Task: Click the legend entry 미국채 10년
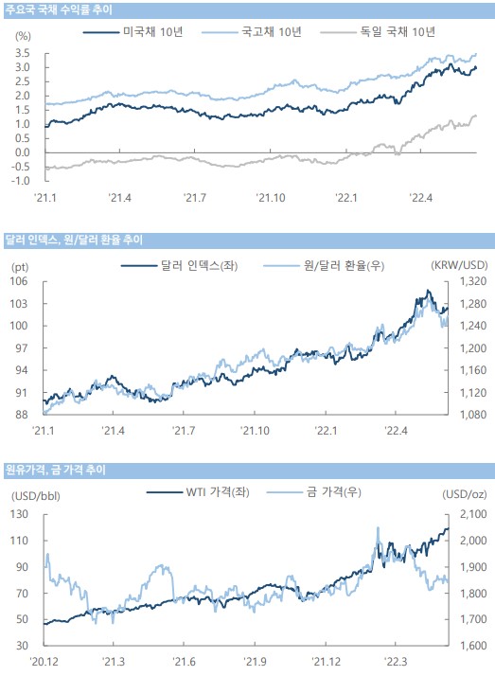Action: (133, 31)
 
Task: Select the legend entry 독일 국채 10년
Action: (378, 31)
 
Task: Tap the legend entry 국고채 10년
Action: (251, 31)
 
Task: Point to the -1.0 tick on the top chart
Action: (20, 181)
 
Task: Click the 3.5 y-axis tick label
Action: (23, 53)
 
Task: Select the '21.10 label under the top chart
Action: (271, 198)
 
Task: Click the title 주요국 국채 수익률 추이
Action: (59, 9)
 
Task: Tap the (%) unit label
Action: (23, 36)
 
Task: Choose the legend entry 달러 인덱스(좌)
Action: (179, 265)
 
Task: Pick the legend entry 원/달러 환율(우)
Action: (324, 265)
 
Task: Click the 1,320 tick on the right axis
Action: (473, 281)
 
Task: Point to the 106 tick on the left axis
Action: (19, 281)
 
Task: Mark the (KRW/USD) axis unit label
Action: (459, 265)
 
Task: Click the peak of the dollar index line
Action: (428, 290)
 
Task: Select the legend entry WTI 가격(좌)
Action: (198, 492)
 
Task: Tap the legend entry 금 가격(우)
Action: (314, 492)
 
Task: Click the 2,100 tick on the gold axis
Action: (473, 514)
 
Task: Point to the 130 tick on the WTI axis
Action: (19, 514)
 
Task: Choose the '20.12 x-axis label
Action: (44, 661)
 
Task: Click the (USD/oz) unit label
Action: (465, 494)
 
